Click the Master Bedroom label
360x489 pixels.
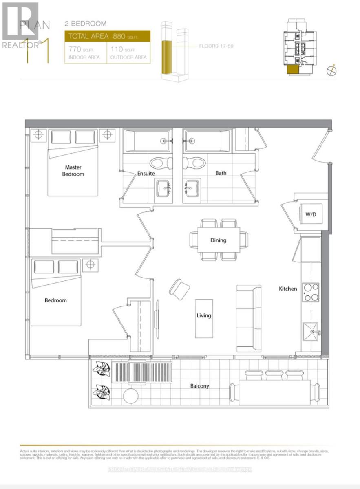(73, 170)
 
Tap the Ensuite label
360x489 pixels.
(145, 173)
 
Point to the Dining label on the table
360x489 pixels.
(218, 240)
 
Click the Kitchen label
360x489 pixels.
(288, 289)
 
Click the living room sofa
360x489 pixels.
(248, 318)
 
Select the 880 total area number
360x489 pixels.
(118, 36)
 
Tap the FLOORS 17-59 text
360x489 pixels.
(216, 46)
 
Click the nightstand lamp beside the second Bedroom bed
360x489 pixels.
(90, 264)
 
